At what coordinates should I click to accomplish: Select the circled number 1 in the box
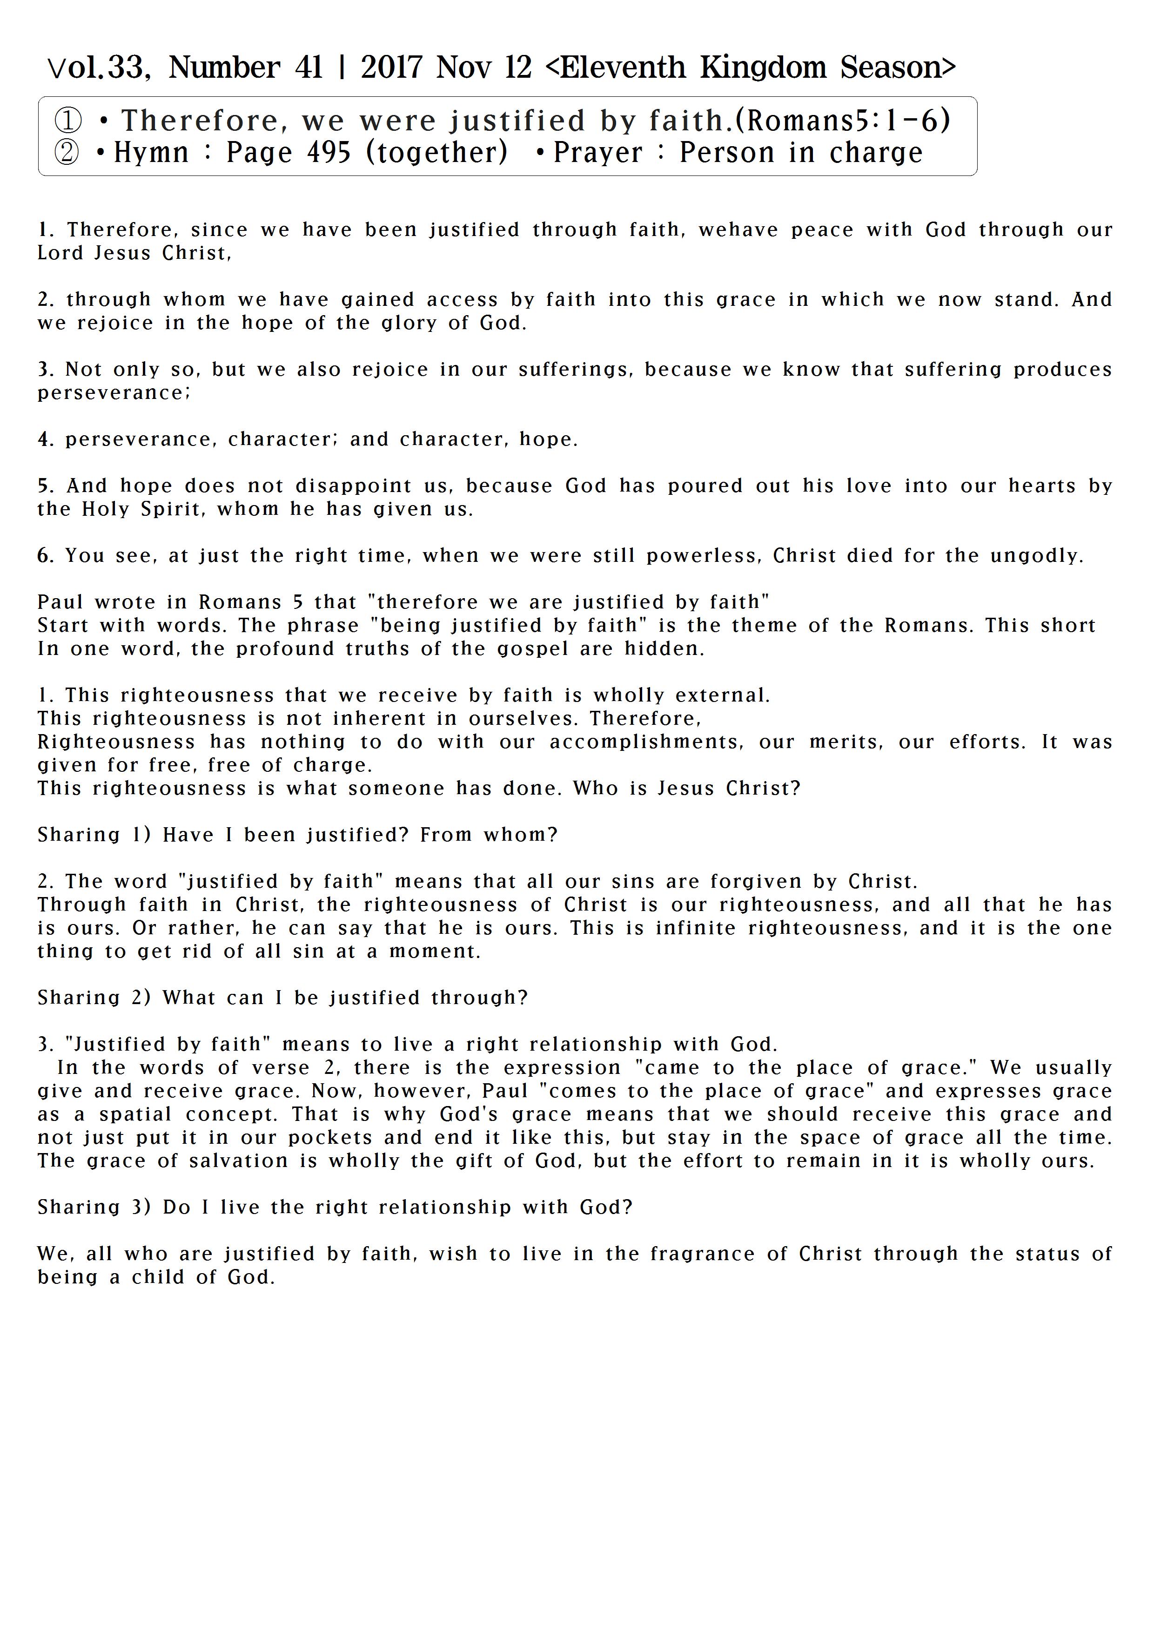point(68,121)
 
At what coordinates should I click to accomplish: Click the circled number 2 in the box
point(67,153)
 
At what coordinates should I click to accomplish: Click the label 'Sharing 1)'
point(94,835)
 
